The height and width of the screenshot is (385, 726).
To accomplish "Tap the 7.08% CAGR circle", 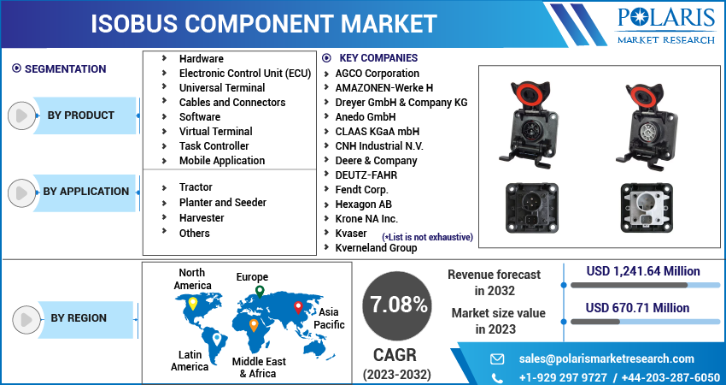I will tap(397, 304).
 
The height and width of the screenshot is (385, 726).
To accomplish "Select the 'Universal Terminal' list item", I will tap(221, 87).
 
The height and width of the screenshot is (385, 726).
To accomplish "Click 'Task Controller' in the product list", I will tap(214, 145).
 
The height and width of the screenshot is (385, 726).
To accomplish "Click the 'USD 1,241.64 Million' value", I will tap(643, 271).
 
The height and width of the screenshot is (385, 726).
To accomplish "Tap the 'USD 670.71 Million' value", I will tap(637, 307).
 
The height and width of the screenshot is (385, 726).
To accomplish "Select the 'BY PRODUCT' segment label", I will tap(81, 115).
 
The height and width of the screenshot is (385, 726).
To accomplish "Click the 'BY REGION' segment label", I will tap(79, 318).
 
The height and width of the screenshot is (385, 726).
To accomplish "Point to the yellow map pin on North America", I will tap(193, 303).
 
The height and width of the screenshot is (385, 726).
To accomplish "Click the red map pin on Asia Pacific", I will tap(298, 307).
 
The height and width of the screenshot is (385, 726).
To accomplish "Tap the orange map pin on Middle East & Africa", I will tap(254, 325).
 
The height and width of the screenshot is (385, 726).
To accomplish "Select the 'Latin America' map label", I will tap(190, 360).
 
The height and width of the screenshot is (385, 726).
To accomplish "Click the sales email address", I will tap(606, 358).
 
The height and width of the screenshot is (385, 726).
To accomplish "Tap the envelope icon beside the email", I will tap(497, 358).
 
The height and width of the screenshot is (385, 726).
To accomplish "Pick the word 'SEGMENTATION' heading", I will tap(65, 69).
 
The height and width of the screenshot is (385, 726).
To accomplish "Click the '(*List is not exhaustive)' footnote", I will tap(427, 237).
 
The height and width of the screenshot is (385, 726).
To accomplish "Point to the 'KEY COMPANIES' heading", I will tap(378, 58).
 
